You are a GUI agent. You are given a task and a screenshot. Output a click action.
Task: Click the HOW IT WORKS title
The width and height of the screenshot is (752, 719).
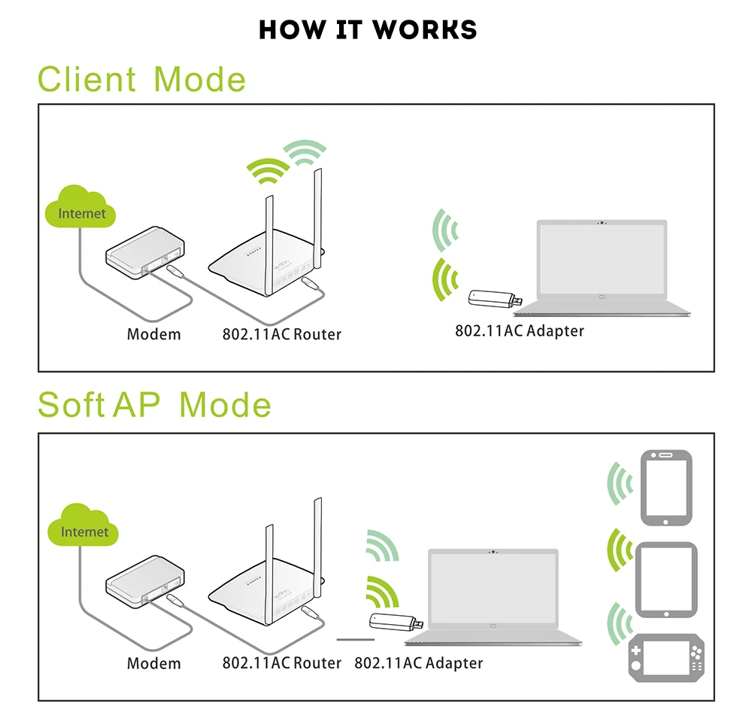368,30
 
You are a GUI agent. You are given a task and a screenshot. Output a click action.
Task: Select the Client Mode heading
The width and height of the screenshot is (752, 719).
142,80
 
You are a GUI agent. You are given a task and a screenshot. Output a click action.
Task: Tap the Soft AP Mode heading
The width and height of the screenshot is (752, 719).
154,405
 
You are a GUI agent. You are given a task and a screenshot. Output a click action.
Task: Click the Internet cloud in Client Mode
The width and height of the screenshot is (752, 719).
81,209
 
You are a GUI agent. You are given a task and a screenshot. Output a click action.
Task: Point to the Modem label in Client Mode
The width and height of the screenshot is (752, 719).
153,334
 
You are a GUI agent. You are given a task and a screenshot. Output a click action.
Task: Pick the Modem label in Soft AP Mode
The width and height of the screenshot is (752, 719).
153,663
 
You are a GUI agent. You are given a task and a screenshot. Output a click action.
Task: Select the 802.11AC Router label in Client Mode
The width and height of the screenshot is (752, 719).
281,334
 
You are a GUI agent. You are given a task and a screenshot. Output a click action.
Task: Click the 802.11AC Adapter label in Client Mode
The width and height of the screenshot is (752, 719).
519,330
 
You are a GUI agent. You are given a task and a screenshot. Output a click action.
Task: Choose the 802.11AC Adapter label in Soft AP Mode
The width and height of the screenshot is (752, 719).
418,663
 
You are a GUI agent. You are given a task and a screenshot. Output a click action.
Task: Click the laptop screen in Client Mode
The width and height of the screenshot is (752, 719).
601,260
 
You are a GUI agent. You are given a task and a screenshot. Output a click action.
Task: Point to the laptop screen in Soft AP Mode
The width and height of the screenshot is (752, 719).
493,587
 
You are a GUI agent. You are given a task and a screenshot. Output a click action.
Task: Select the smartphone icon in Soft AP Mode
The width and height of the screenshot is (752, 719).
666,487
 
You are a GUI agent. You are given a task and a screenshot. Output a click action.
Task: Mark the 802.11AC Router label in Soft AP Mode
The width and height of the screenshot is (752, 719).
281,663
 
